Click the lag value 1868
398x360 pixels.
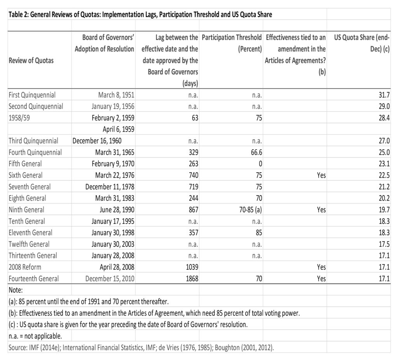pyautogui.click(x=190, y=278)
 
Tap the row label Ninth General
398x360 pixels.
pyautogui.click(x=26, y=210)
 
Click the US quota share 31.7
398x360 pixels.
pyautogui.click(x=383, y=95)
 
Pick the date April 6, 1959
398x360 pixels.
pyautogui.click(x=119, y=129)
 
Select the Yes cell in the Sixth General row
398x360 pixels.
pyautogui.click(x=321, y=175)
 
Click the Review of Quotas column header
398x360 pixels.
pyautogui.click(x=31, y=60)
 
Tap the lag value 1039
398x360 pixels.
pyautogui.click(x=190, y=267)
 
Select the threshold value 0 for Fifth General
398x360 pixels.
pyautogui.click(x=260, y=164)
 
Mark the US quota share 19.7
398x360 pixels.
pyautogui.click(x=383, y=210)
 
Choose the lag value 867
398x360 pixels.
pyautogui.click(x=192, y=210)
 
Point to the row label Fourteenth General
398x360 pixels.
pyautogui.click(x=34, y=278)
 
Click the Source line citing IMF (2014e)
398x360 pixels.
pyautogui.click(x=141, y=347)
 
